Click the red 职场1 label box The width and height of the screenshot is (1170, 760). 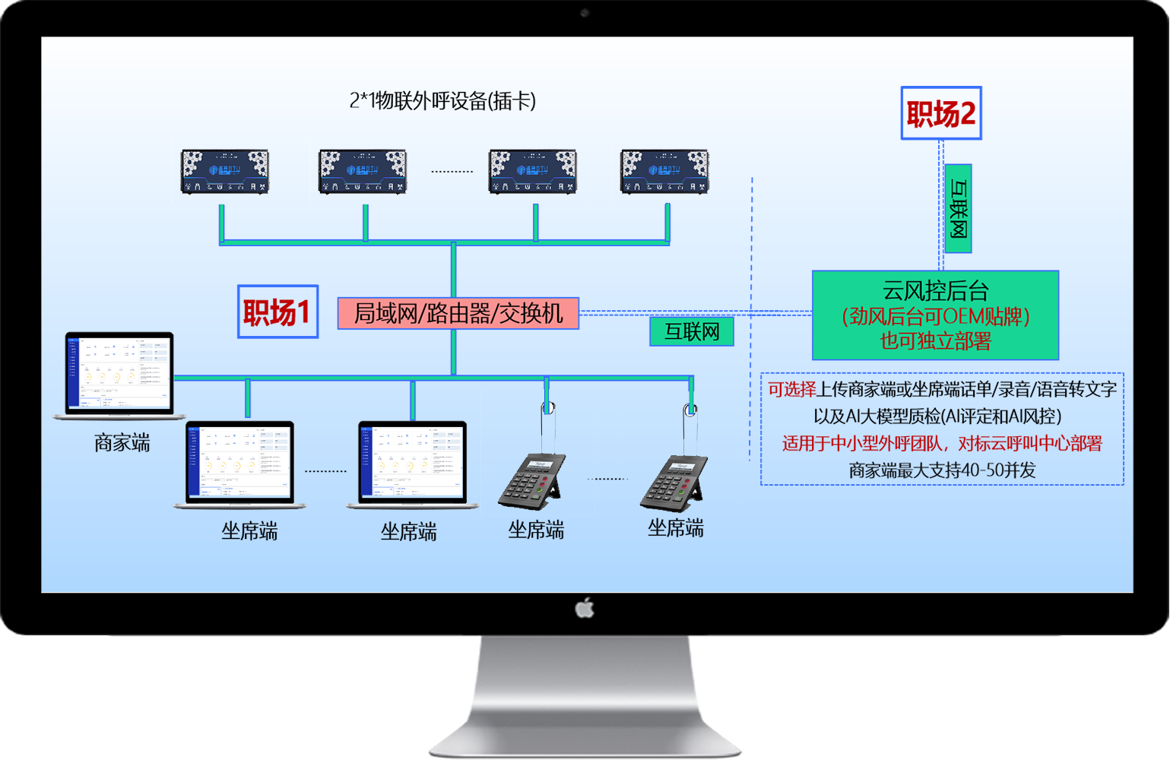[x=277, y=312]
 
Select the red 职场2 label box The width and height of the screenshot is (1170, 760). [x=940, y=113]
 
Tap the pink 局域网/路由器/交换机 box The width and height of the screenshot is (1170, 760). [x=458, y=313]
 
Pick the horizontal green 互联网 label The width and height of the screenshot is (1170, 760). [x=691, y=331]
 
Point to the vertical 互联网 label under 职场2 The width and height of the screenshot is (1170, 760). [x=958, y=209]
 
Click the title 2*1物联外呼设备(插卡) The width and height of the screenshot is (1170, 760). [x=442, y=100]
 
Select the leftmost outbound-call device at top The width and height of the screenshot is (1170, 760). [x=225, y=172]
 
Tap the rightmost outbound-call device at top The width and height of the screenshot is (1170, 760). [x=665, y=172]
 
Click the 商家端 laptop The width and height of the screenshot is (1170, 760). [x=119, y=375]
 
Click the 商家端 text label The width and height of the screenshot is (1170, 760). [x=122, y=442]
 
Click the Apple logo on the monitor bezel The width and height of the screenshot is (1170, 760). [x=584, y=608]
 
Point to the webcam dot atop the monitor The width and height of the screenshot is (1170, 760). [x=585, y=13]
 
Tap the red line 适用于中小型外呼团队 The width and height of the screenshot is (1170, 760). [x=942, y=443]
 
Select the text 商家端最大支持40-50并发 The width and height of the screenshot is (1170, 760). [x=942, y=470]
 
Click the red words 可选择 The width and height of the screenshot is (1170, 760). [x=791, y=389]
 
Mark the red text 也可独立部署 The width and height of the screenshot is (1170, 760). [x=935, y=341]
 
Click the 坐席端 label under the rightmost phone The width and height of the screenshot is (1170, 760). [x=675, y=528]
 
